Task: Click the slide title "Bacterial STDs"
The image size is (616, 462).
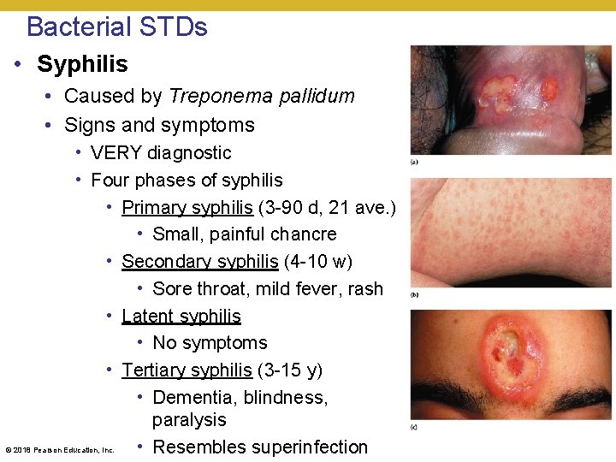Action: (x=117, y=27)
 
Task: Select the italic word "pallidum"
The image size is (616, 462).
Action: (x=312, y=96)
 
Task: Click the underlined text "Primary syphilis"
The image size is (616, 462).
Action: (x=187, y=207)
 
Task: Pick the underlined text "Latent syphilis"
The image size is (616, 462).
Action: (x=181, y=316)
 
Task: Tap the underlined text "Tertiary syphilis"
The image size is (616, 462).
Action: (x=187, y=370)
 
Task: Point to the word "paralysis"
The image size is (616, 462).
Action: (x=189, y=420)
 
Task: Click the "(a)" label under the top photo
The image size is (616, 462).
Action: (x=414, y=161)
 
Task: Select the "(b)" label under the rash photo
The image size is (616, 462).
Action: (x=414, y=294)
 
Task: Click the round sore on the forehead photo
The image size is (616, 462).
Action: (x=512, y=358)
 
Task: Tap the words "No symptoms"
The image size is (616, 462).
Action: (x=210, y=343)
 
